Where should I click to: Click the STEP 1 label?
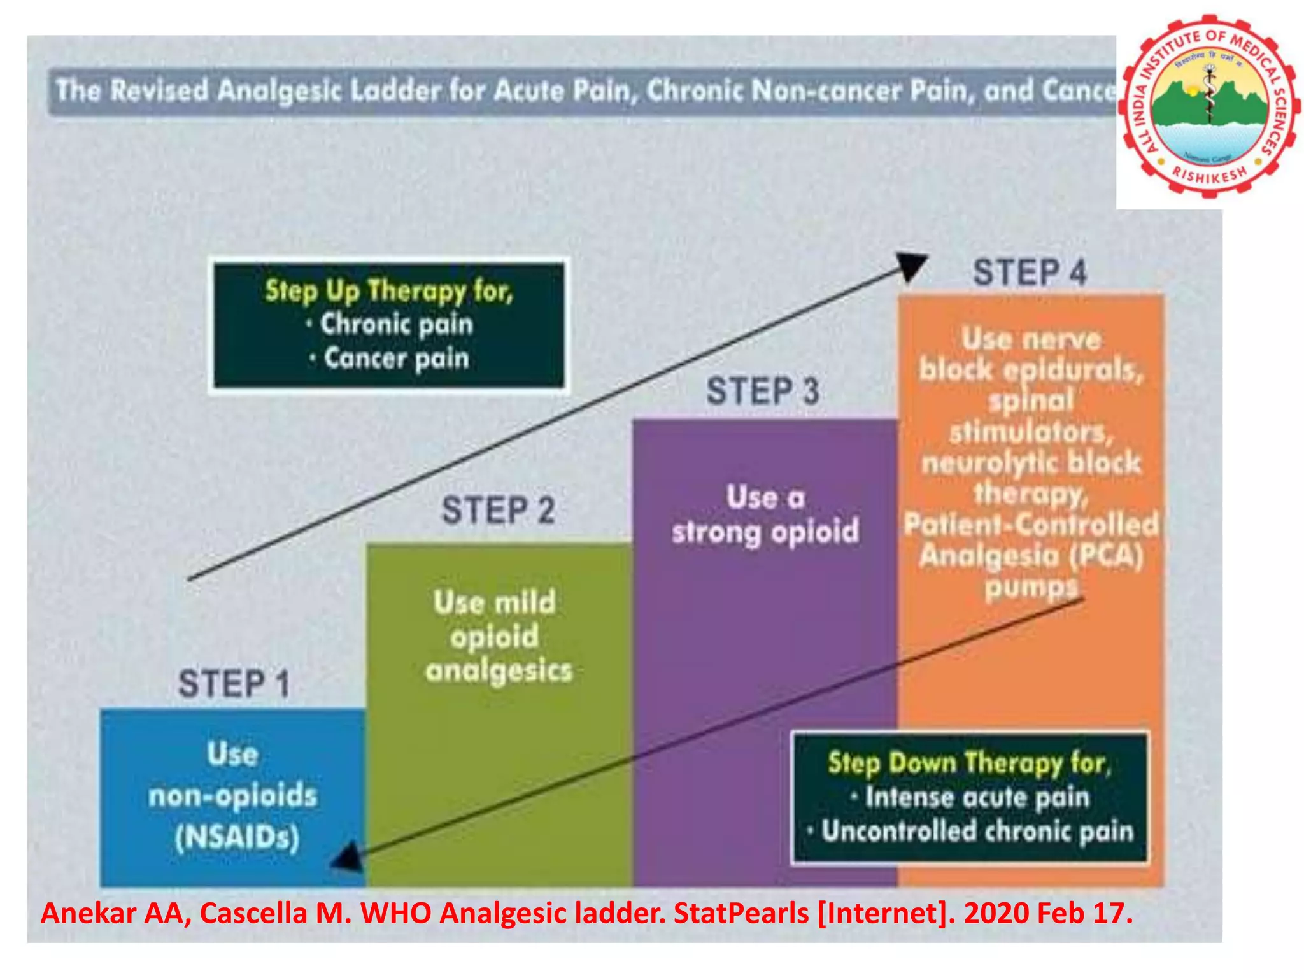click(234, 684)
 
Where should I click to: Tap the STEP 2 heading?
click(499, 511)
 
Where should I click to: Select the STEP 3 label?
click(763, 391)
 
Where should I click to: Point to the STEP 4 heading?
click(1030, 273)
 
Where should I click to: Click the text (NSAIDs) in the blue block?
click(237, 837)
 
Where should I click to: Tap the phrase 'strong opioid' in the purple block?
click(765, 531)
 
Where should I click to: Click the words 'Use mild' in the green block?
click(495, 602)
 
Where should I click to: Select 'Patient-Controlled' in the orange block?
click(1031, 525)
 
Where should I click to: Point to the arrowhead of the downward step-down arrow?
click(346, 859)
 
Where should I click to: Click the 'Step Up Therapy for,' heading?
click(389, 291)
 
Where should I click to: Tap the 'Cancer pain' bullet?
click(396, 358)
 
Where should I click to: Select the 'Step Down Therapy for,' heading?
click(969, 763)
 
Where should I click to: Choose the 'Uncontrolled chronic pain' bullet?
click(977, 832)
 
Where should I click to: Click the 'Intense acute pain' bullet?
click(977, 797)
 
